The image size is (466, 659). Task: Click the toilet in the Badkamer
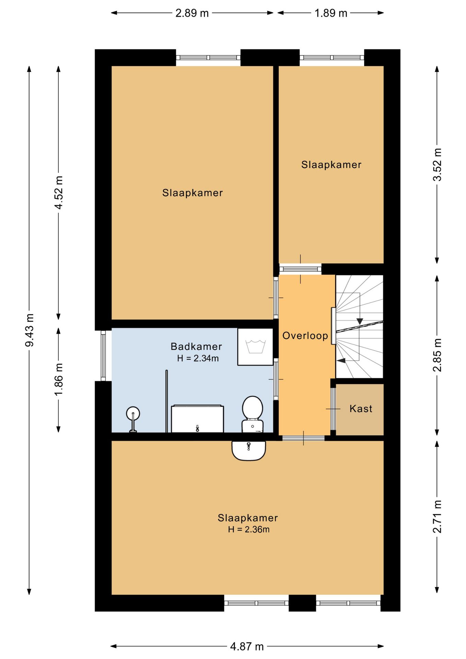tap(253, 414)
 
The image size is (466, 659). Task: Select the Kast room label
tap(361, 408)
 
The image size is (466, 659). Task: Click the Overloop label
tap(305, 336)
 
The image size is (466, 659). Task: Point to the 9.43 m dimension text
tap(30, 330)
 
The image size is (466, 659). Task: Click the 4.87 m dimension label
tap(247, 647)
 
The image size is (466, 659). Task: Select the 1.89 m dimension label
tap(331, 13)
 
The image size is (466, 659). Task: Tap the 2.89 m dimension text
tap(192, 13)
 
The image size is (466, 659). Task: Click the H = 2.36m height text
tap(249, 529)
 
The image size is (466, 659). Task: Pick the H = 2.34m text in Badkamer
tap(198, 358)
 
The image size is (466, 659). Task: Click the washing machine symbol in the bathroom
tap(255, 347)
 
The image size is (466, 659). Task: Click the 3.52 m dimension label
tap(437, 164)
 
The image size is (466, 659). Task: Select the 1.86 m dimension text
tap(59, 379)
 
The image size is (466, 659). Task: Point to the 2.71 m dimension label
tap(437, 516)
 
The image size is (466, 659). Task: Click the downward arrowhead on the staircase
tap(360, 321)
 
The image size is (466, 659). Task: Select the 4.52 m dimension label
tap(59, 193)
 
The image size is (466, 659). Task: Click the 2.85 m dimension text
tap(437, 355)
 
